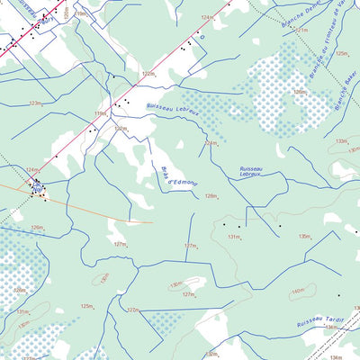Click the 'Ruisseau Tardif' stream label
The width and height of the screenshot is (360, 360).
coord(319,322)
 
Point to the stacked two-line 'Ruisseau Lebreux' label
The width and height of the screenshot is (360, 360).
coord(251,172)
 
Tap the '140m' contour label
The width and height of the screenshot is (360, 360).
coord(297,292)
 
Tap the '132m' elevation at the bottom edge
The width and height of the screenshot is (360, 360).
coord(211,355)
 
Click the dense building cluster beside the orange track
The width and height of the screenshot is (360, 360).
coord(39,189)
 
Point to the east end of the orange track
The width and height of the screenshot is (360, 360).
coord(151,221)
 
